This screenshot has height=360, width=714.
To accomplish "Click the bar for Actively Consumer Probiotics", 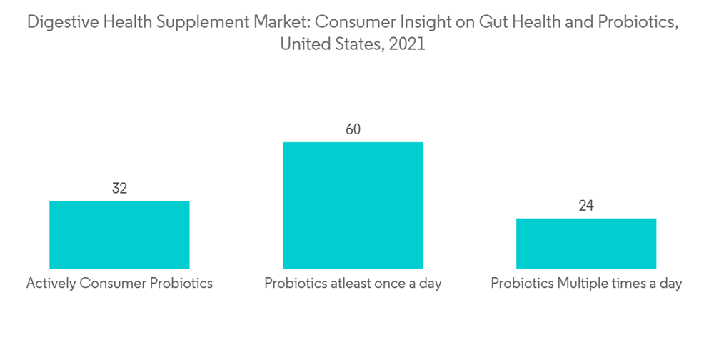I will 119,234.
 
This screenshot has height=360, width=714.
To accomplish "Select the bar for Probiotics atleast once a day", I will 353,205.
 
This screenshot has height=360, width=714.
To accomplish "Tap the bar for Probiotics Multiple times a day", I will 585,243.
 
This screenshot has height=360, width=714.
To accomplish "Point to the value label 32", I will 119,189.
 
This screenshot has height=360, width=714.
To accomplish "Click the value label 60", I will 353,129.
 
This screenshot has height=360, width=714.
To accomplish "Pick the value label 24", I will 585,206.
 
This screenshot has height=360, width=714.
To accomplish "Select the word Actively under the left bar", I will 51,284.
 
